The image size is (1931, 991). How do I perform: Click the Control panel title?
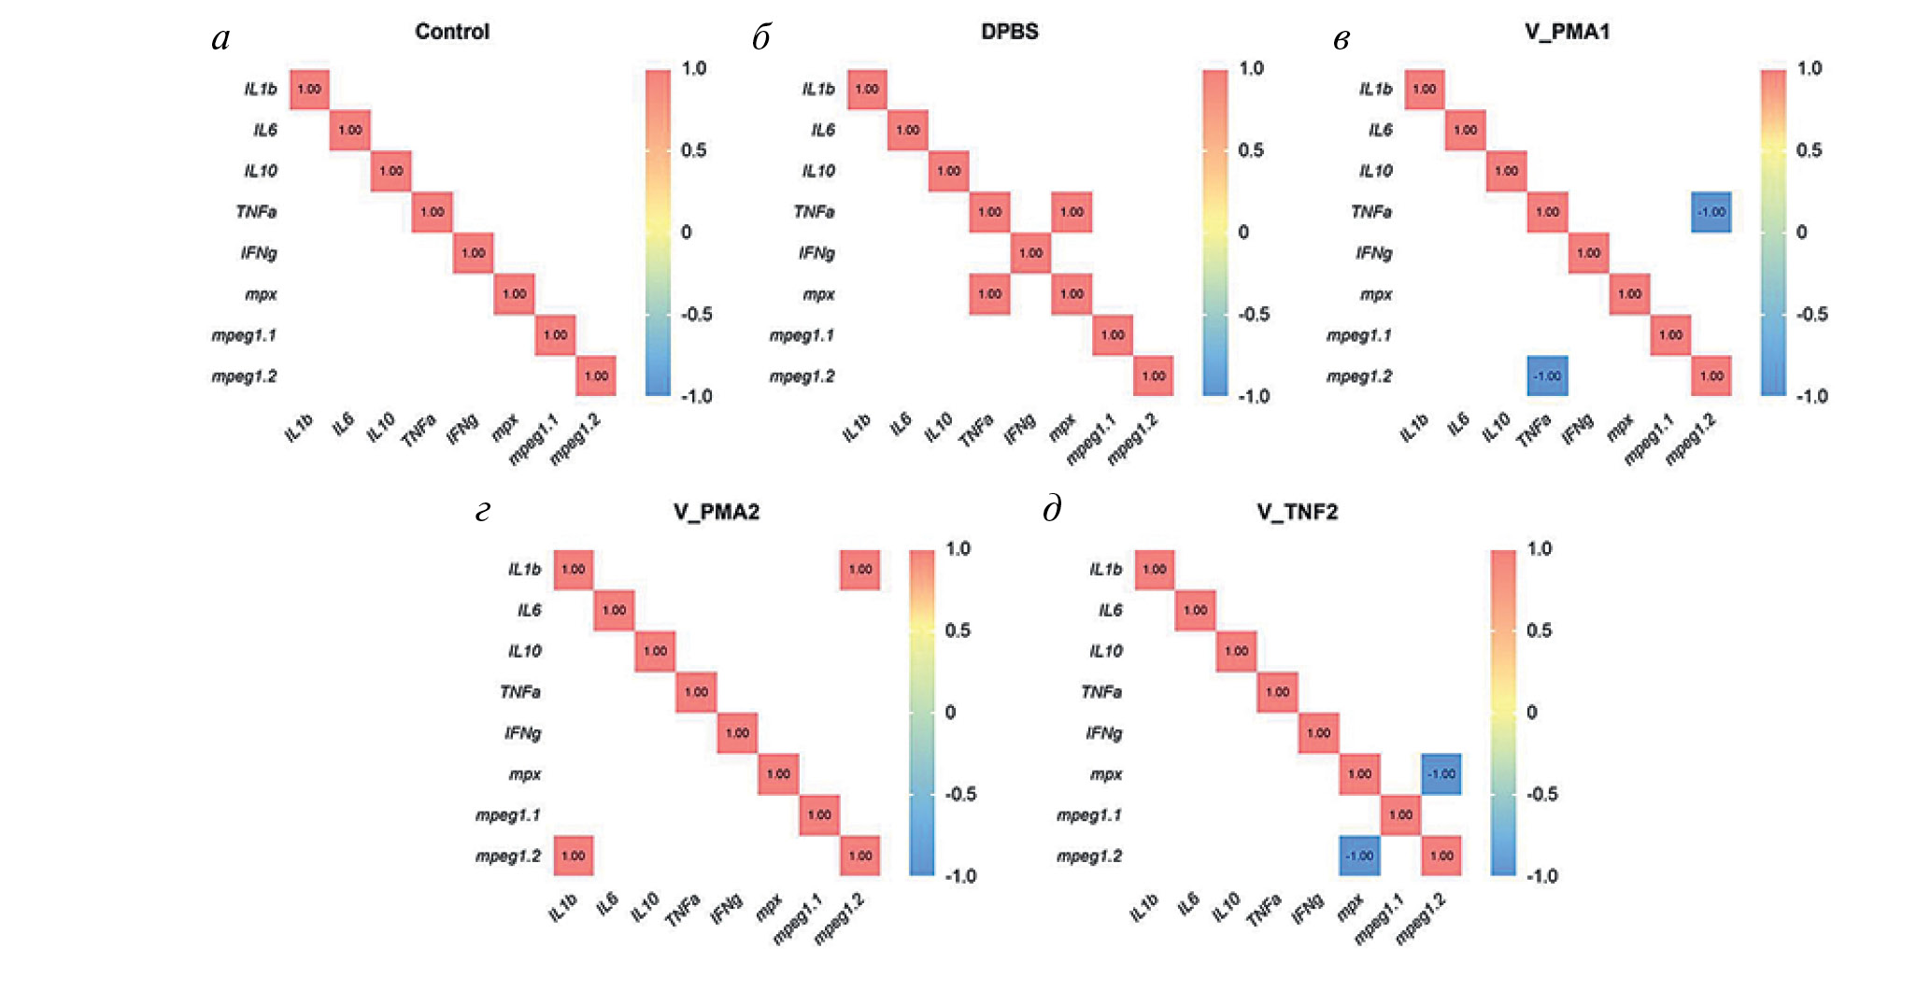point(452,32)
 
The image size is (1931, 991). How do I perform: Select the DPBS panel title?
point(1009,32)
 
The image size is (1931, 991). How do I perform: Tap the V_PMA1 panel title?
point(1567,32)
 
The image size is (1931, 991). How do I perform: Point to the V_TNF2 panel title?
point(1297,512)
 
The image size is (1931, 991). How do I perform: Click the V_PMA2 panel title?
point(717,512)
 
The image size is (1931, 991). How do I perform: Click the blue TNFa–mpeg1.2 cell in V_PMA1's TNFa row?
point(1711,212)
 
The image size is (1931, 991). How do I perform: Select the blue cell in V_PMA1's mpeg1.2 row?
point(1547,375)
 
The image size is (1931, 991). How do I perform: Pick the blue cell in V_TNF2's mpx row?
point(1441,774)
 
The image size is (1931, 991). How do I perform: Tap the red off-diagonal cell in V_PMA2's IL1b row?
point(860,570)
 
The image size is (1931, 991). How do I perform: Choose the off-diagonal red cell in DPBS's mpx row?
point(989,294)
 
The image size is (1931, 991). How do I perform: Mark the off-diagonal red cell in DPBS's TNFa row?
point(1072,212)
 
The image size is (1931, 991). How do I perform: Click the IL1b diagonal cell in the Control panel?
point(309,90)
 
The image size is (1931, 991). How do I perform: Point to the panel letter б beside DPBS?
point(761,38)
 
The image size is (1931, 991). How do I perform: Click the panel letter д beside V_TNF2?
point(1052,510)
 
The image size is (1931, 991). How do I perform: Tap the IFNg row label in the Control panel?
point(259,253)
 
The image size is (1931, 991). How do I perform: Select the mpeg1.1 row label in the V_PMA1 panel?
point(1359,335)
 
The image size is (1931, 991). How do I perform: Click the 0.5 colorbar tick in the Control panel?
point(693,150)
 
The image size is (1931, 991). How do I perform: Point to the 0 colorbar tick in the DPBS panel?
point(1243,233)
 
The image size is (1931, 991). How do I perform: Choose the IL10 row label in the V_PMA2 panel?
point(524,651)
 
